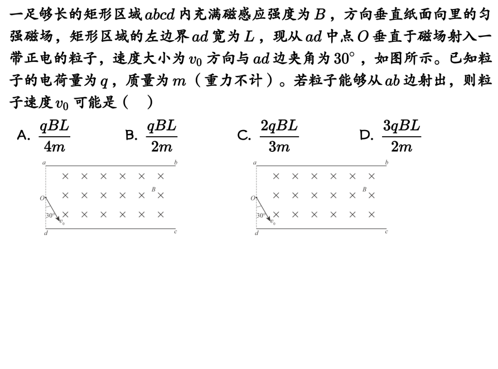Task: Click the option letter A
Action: pos(23,135)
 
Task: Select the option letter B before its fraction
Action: pos(131,135)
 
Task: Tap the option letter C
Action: pos(244,135)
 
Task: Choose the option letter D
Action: pos(366,135)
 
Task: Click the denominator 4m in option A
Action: pos(54,147)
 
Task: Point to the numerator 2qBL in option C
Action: pos(279,126)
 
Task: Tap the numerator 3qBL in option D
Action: pos(401,126)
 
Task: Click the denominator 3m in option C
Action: pos(279,147)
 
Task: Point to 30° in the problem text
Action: pos(344,58)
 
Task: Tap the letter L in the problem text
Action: pos(249,36)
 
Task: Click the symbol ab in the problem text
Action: pos(392,80)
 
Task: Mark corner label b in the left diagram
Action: pos(176,162)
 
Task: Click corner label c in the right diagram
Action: pos(386,231)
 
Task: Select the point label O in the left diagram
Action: pos(42,198)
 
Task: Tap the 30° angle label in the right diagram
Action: pos(260,215)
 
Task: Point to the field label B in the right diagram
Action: pos(365,189)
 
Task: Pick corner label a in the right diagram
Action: pos(255,162)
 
